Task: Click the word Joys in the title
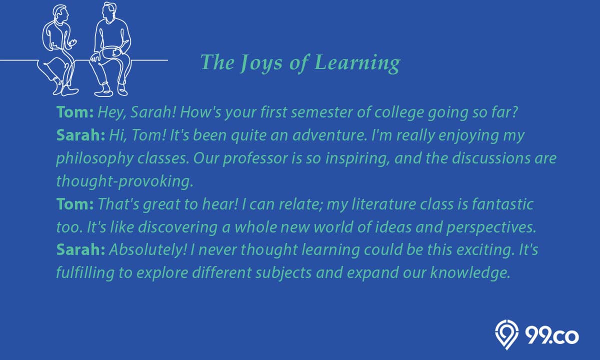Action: click(x=261, y=63)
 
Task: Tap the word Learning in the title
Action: click(x=357, y=63)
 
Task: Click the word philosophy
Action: click(x=95, y=159)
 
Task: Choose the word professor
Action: click(x=255, y=159)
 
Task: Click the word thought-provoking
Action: click(x=124, y=181)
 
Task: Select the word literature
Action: click(x=383, y=204)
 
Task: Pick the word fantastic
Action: click(x=502, y=204)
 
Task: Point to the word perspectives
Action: click(x=491, y=227)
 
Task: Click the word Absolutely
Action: click(x=147, y=250)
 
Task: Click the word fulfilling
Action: click(x=85, y=273)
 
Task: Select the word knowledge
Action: click(x=470, y=273)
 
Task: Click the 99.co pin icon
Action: click(x=507, y=334)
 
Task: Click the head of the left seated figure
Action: click(x=60, y=14)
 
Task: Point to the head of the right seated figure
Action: click(x=110, y=12)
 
